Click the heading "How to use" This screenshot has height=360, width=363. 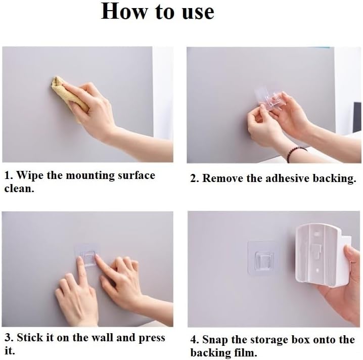click(157, 11)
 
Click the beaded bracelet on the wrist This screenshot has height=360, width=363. click(296, 153)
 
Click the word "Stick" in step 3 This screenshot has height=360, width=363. click(30, 337)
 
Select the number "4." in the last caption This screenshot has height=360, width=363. click(195, 339)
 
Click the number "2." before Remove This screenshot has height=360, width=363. click(195, 178)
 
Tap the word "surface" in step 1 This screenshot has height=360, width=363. click(137, 175)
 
